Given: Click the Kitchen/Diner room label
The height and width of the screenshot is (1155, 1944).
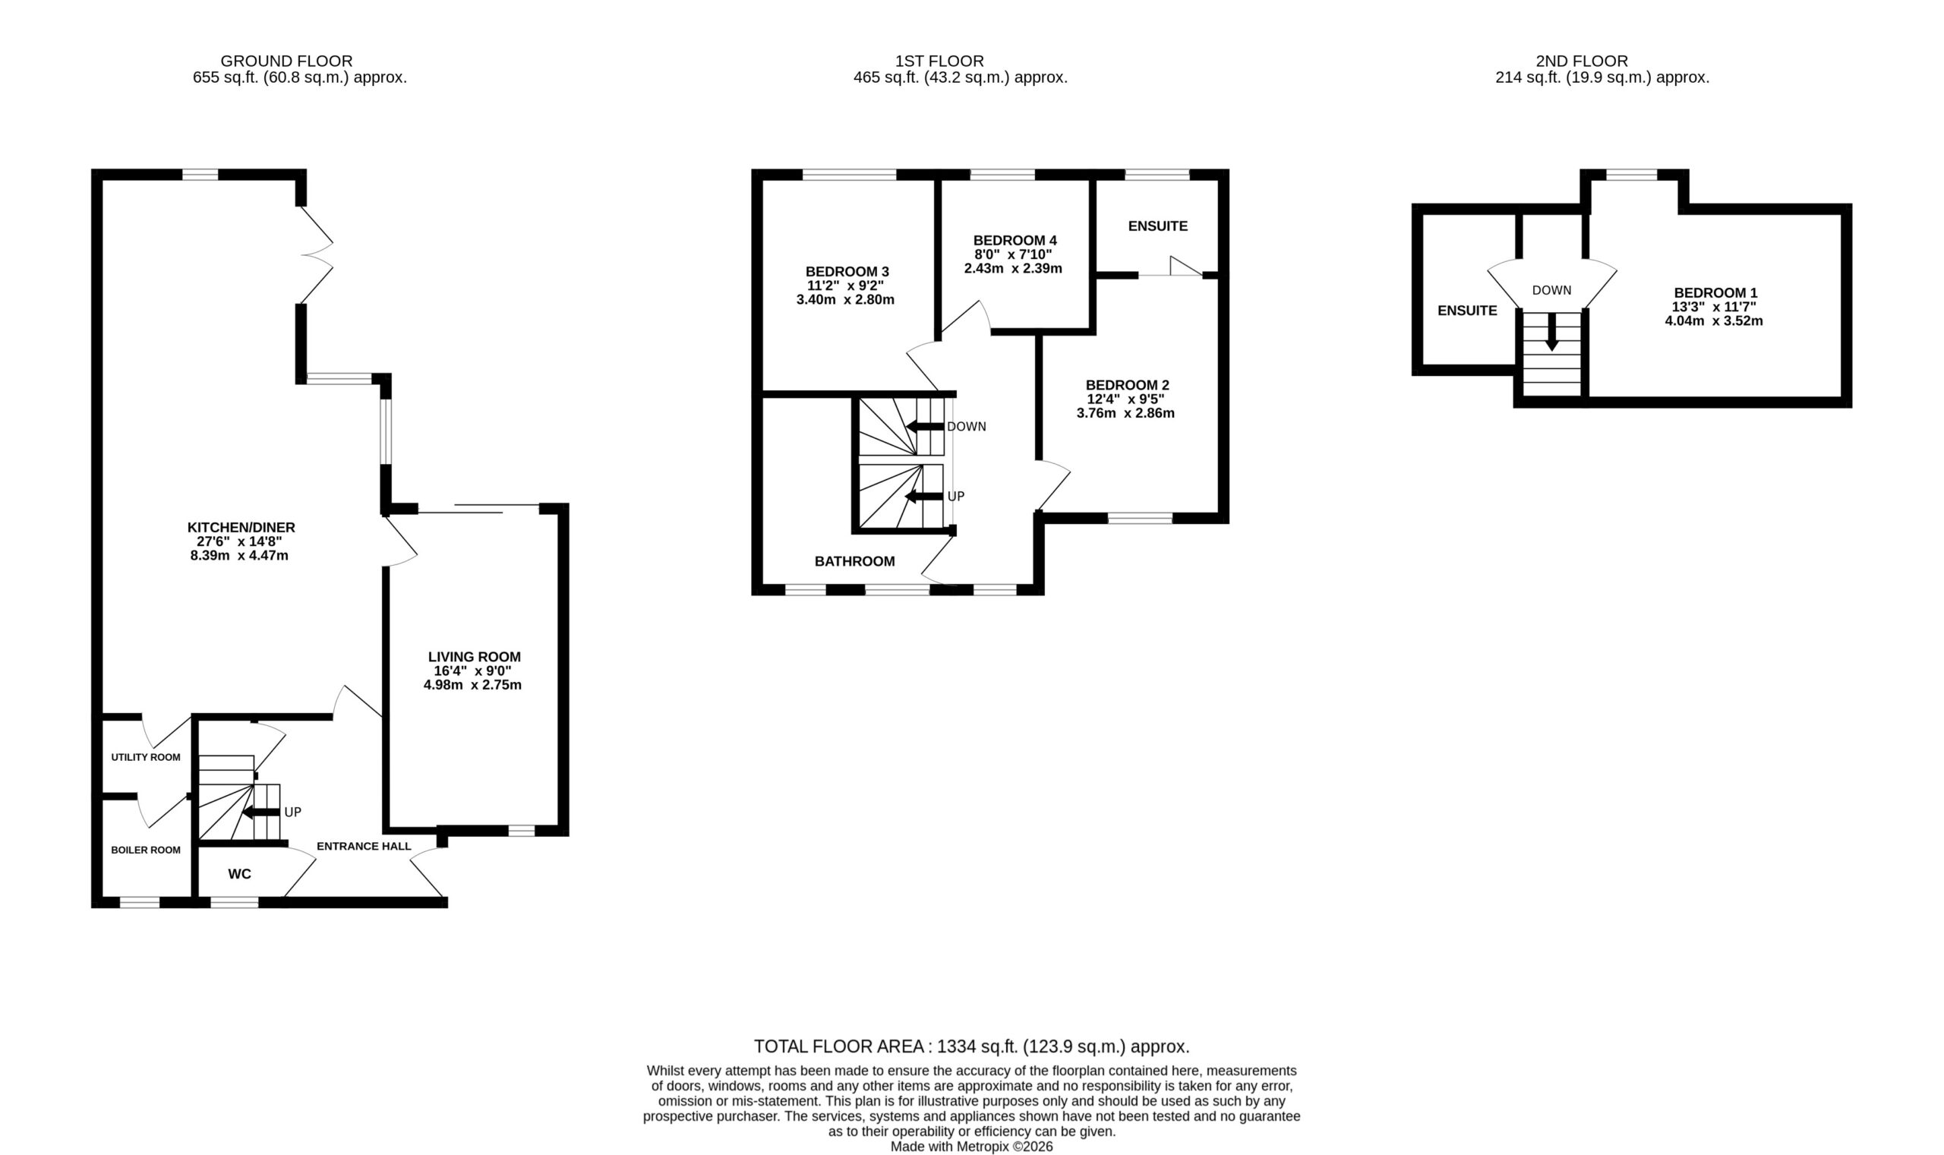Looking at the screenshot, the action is coord(241,528).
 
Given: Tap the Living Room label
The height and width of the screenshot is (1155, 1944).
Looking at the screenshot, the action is coord(474,657).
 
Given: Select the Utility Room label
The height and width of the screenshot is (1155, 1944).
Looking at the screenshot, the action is coord(146,757).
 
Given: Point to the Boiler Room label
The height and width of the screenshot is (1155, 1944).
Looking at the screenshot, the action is coord(146,850).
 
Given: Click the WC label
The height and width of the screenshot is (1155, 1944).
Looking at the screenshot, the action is coord(240,874).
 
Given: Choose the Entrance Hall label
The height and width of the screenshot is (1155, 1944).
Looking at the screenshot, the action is coord(364,846).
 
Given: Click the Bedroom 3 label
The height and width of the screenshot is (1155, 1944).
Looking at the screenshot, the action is coord(847,272).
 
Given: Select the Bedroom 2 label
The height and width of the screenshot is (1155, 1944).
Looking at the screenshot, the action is coord(1127,385).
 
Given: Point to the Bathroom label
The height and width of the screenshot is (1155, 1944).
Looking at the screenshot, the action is coord(854,561).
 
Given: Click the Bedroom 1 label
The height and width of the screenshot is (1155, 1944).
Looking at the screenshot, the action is coord(1715,293).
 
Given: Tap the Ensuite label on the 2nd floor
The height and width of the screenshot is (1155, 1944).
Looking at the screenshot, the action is coord(1467,311).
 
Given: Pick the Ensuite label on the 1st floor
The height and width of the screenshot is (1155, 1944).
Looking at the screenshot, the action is coord(1158,226).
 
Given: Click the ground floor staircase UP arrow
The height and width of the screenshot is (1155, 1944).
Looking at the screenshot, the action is coord(260,813).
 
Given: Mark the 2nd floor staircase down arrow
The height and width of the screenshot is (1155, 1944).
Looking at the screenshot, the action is coord(1551,332).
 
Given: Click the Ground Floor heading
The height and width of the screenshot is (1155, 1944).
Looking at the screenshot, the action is coord(286,61).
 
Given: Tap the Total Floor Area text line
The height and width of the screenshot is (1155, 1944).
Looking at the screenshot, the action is coord(971,1046).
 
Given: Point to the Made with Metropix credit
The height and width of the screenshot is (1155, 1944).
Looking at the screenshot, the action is coord(971,1147).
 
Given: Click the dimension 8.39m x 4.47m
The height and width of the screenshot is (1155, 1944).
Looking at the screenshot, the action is coord(239,556).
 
